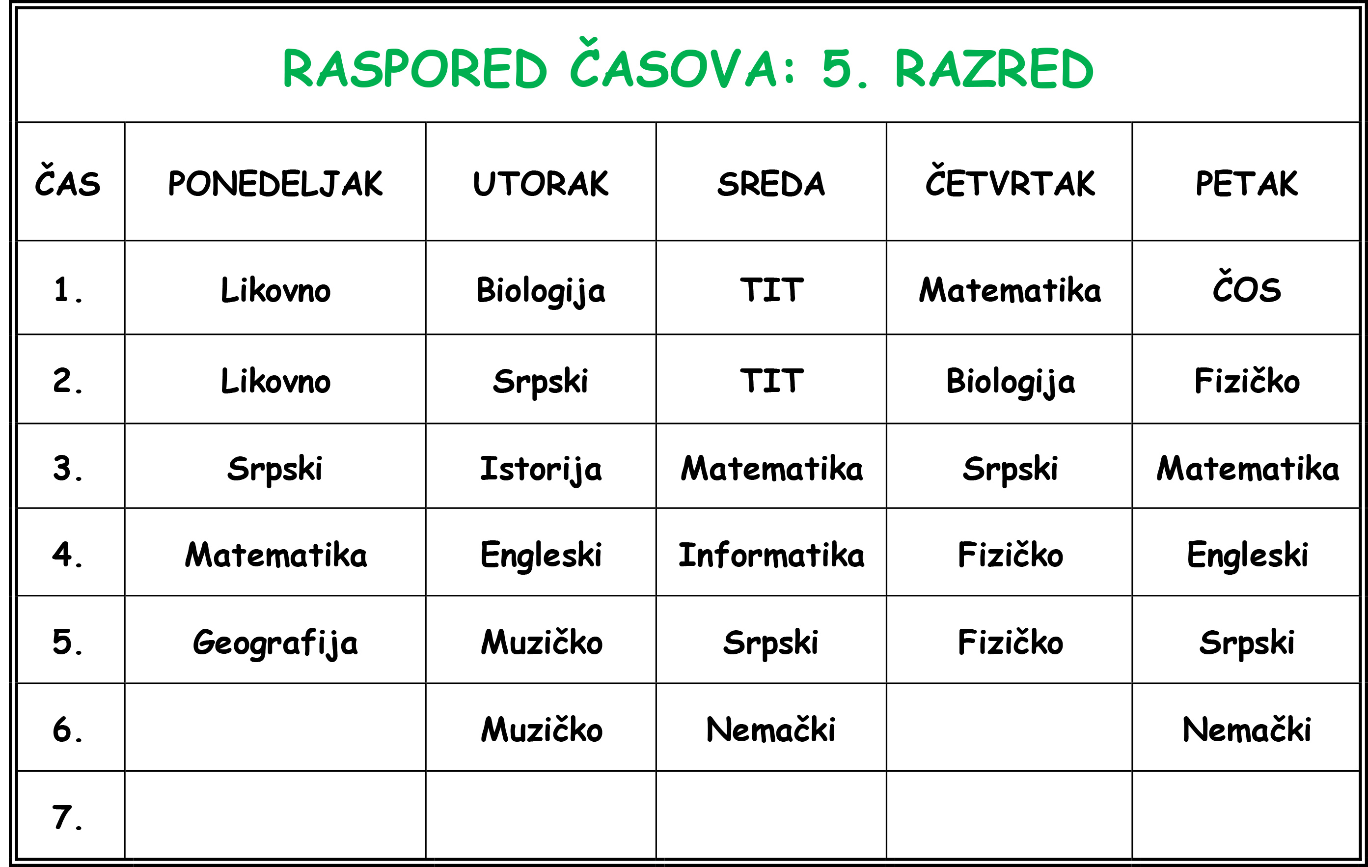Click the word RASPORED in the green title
pyautogui.click(x=415, y=69)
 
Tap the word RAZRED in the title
pyautogui.click(x=994, y=69)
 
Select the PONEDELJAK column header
pyautogui.click(x=275, y=184)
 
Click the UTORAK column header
pyautogui.click(x=541, y=184)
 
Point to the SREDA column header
pyautogui.click(x=771, y=184)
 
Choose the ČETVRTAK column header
pyautogui.click(x=1010, y=180)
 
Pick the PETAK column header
pyautogui.click(x=1246, y=184)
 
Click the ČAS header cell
pyautogui.click(x=68, y=180)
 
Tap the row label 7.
pyautogui.click(x=68, y=817)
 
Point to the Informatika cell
pyautogui.click(x=771, y=555)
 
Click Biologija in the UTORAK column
pyautogui.click(x=541, y=291)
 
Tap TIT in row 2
pyautogui.click(x=771, y=380)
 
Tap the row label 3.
pyautogui.click(x=68, y=469)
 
